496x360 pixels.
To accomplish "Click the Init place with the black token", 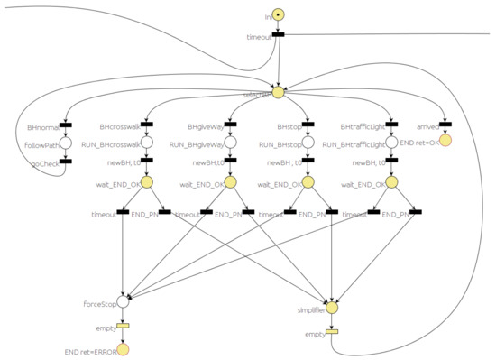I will coord(279,15).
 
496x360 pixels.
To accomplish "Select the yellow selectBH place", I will coord(279,92).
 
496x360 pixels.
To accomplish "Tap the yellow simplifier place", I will coord(332,309).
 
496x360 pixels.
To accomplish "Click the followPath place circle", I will coord(66,143).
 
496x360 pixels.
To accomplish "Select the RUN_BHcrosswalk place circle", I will coord(148,143).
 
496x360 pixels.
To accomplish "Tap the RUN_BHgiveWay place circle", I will coord(231,143).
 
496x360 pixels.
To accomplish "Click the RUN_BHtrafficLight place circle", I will coord(392,143).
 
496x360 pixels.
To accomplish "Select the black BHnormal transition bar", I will coord(66,125).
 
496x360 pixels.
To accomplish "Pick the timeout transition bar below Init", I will coord(279,35).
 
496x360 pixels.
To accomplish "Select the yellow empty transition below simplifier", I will coord(332,332).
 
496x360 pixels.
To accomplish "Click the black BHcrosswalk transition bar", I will coord(148,125).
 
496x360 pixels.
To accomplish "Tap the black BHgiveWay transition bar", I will coord(231,125).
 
